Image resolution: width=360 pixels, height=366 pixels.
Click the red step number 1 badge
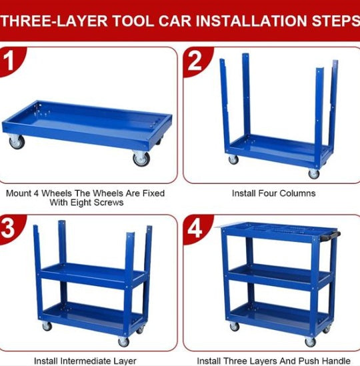[x=11, y=61]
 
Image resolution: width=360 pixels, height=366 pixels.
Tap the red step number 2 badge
[x=196, y=61]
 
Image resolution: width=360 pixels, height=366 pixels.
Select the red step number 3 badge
[x=11, y=228]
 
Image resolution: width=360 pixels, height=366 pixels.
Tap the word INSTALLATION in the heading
[x=251, y=21]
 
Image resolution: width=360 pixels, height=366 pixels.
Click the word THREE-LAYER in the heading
[x=54, y=21]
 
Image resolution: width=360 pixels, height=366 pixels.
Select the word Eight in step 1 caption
[x=79, y=203]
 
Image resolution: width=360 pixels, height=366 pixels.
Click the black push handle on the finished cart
[x=330, y=236]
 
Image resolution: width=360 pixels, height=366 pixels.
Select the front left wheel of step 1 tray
[x=17, y=142]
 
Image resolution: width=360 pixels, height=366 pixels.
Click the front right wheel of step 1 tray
[x=141, y=159]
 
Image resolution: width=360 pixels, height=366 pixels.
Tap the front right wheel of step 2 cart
[x=313, y=173]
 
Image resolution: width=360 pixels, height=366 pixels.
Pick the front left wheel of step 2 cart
[x=233, y=160]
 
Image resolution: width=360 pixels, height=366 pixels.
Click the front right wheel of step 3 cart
[x=123, y=342]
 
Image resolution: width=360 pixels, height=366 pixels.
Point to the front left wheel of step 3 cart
[x=47, y=326]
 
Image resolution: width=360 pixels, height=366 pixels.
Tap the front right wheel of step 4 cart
[x=310, y=342]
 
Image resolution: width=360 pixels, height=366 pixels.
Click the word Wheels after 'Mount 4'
[x=57, y=193]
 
